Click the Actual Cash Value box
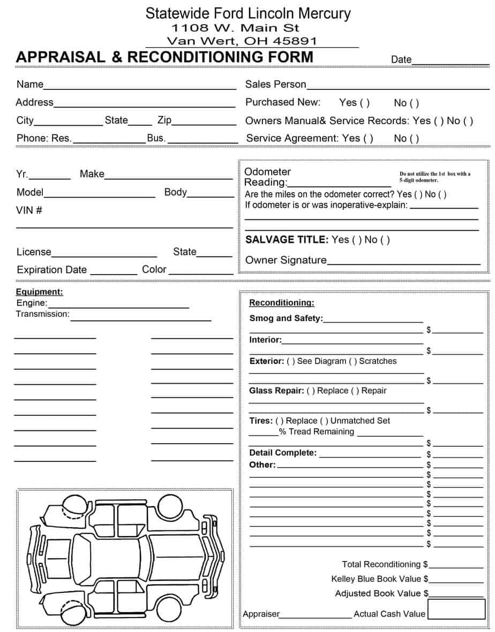[456, 609]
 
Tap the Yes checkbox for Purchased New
[364, 103]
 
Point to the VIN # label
[29, 210]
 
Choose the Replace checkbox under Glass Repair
[311, 391]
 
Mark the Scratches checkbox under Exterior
[353, 361]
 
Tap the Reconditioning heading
[282, 303]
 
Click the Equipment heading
[39, 292]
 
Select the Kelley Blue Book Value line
[456, 581]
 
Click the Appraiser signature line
[316, 616]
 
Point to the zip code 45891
[294, 41]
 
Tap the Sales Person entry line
[398, 87]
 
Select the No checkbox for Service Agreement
[414, 139]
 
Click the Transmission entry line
[141, 319]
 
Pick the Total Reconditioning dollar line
[456, 567]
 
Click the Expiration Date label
[51, 270]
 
